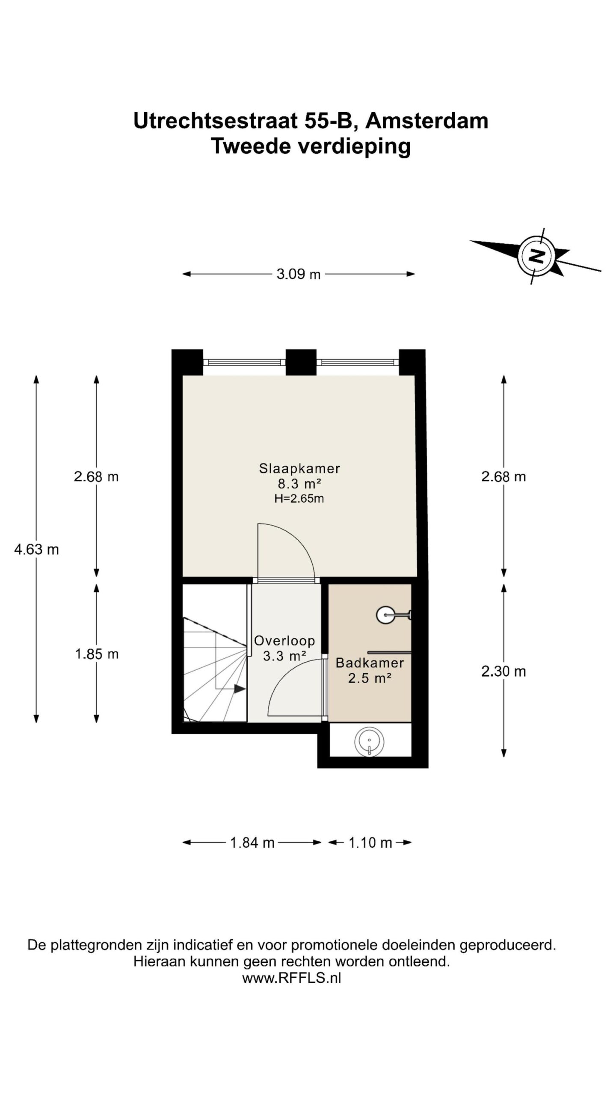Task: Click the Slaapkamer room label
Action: coord(299,468)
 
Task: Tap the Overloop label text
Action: coord(284,640)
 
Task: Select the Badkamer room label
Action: coord(370,663)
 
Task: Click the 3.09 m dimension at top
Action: coord(299,274)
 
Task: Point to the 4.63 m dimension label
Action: coord(36,549)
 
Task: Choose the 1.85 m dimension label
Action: coord(97,654)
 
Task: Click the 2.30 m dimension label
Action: coord(503,671)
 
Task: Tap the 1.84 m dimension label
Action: coord(252,842)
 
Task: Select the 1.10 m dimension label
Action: coord(370,842)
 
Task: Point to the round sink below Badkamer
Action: coord(369,742)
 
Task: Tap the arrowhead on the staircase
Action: coord(240,689)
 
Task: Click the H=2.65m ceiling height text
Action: coord(299,498)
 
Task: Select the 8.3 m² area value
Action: coord(299,484)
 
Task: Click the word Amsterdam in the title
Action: coord(426,121)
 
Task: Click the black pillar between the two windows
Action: coord(301,362)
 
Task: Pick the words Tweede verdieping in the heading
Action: coord(311,147)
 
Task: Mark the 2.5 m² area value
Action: coord(370,678)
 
